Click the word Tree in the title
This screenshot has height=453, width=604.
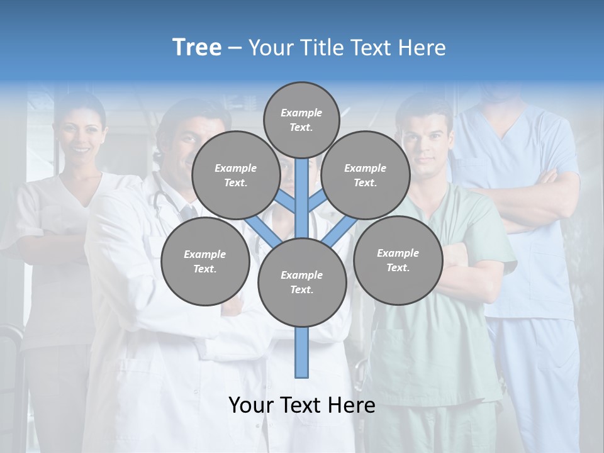click(x=197, y=48)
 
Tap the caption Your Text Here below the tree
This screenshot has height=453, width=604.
click(x=302, y=405)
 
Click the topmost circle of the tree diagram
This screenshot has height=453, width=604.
click(x=301, y=120)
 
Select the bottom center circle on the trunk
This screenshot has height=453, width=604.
click(x=302, y=282)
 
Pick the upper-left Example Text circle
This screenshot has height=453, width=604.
click(x=235, y=175)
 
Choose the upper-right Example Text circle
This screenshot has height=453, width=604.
click(x=366, y=175)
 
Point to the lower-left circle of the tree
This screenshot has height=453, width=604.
click(x=205, y=261)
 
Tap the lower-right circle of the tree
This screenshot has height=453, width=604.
click(x=398, y=260)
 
